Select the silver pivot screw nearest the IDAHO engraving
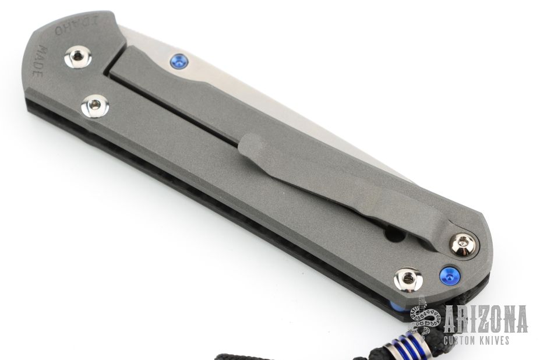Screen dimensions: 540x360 pyautogui.click(x=78, y=57)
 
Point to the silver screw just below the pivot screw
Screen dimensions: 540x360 pyautogui.click(x=95, y=105)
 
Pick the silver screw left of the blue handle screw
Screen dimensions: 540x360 pyautogui.click(x=408, y=278)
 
